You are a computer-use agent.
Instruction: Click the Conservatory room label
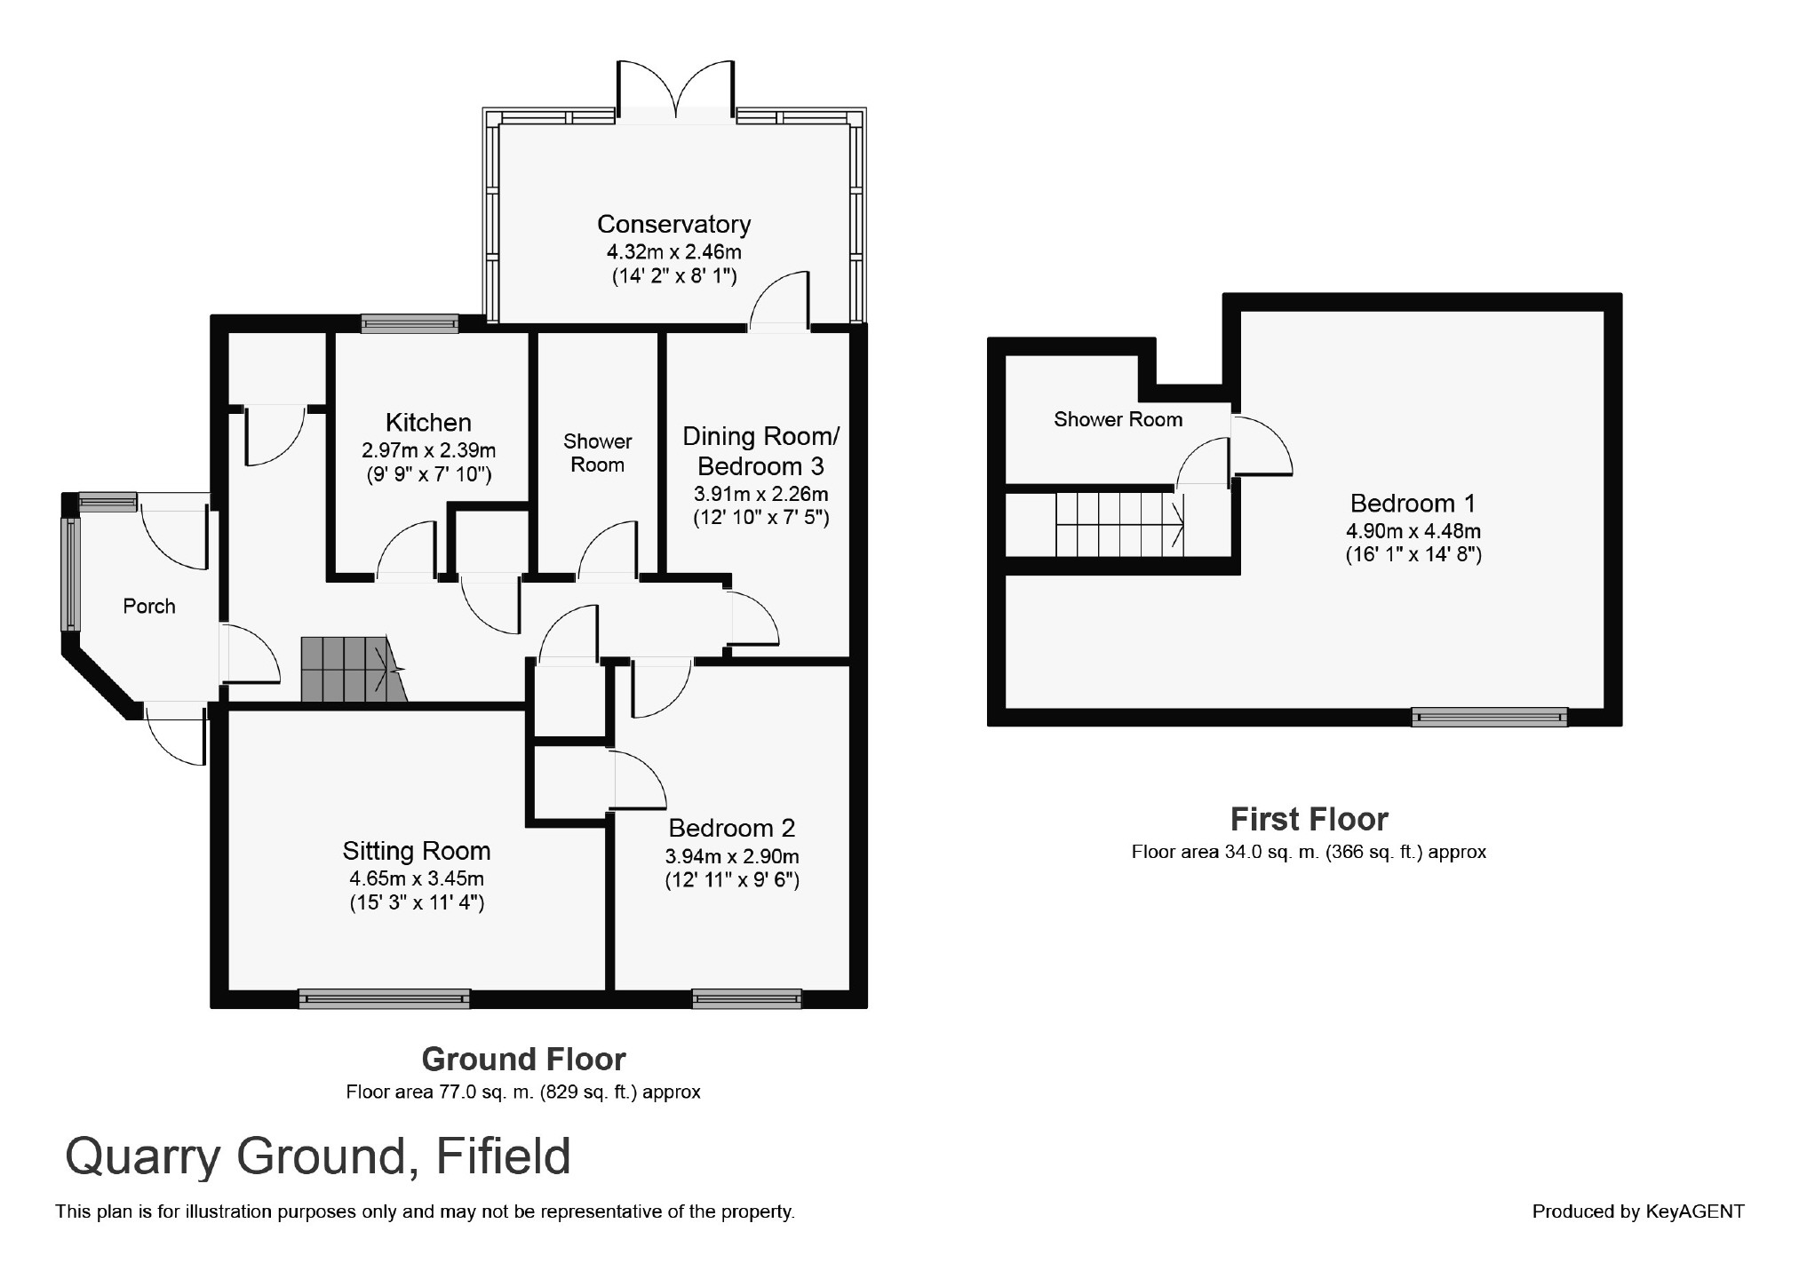tap(673, 224)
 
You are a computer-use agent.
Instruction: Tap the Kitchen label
tap(428, 423)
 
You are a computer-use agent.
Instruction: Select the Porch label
tap(149, 607)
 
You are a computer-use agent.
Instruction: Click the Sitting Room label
tap(417, 851)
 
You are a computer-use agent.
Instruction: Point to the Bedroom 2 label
tap(731, 829)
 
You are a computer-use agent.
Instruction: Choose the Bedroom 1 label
tap(1413, 504)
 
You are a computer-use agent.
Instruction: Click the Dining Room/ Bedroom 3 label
tap(760, 451)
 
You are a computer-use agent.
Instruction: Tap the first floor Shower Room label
tap(1118, 419)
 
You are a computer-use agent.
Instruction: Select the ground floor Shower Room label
tap(597, 453)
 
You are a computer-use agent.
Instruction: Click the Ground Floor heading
tap(523, 1059)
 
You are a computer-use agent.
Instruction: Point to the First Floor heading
tap(1309, 819)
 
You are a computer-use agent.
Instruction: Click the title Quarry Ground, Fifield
tap(318, 1156)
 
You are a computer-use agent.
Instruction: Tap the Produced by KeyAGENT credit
tap(1638, 1211)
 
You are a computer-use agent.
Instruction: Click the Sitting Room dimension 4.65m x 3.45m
tap(417, 879)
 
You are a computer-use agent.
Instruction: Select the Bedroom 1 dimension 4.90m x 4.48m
tap(1413, 531)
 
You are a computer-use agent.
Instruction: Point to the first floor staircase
tap(1118, 525)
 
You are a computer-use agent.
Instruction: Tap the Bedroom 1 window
tap(1489, 717)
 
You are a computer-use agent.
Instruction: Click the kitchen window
tap(410, 323)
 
